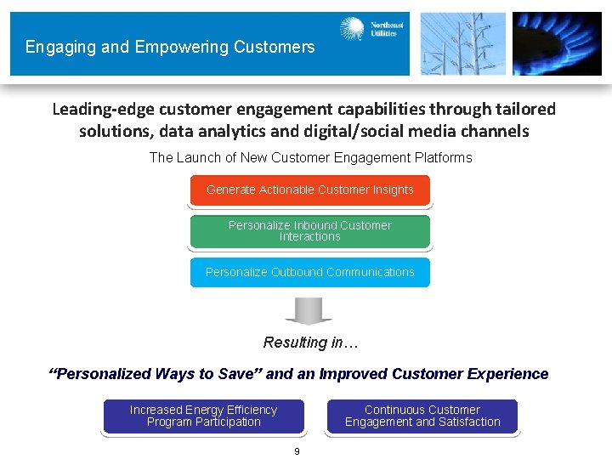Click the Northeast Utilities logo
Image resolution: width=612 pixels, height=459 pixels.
pyautogui.click(x=371, y=30)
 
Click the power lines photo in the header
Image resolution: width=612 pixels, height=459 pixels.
pyautogui.click(x=462, y=43)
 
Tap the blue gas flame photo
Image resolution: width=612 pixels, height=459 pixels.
pyautogui.click(x=557, y=43)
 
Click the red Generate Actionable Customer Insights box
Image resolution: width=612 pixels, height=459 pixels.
pyautogui.click(x=309, y=190)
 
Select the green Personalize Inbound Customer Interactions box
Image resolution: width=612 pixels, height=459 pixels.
pyautogui.click(x=309, y=231)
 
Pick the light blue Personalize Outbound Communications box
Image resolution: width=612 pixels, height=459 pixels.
pyautogui.click(x=309, y=272)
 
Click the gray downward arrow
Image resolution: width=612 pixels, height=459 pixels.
pyautogui.click(x=309, y=311)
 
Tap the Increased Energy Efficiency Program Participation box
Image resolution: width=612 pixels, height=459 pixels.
pyautogui.click(x=203, y=416)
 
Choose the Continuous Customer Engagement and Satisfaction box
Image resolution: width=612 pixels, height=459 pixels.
pyautogui.click(x=422, y=416)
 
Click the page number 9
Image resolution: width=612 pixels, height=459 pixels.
pyautogui.click(x=297, y=451)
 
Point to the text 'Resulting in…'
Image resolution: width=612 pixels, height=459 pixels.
pyautogui.click(x=311, y=343)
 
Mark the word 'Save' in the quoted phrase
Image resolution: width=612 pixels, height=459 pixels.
pyautogui.click(x=241, y=374)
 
